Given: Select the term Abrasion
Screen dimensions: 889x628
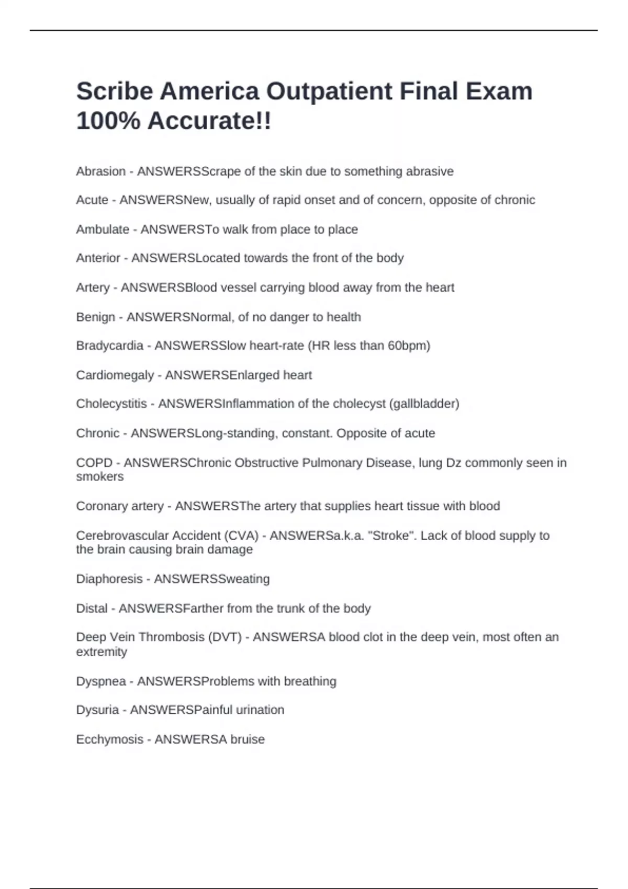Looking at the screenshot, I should (x=101, y=172).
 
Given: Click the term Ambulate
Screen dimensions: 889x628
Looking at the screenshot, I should (x=103, y=230).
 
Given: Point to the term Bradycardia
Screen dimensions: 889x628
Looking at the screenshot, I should (x=109, y=346).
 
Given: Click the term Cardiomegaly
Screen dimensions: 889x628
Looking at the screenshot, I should (x=115, y=375).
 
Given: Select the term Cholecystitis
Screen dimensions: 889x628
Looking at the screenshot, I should (x=111, y=404).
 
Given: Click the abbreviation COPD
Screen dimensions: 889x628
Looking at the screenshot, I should (x=94, y=463).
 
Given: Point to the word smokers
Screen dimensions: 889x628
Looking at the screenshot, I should (x=100, y=476).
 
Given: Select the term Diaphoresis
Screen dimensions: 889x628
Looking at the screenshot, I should (x=109, y=579).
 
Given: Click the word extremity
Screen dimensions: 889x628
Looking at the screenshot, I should (x=102, y=652).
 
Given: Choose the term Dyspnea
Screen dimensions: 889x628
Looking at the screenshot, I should (x=101, y=681).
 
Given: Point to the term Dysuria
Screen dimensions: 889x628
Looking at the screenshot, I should (x=97, y=710).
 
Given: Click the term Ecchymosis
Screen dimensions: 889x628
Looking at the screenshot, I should (x=109, y=739).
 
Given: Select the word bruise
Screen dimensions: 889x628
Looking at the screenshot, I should (x=248, y=739).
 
